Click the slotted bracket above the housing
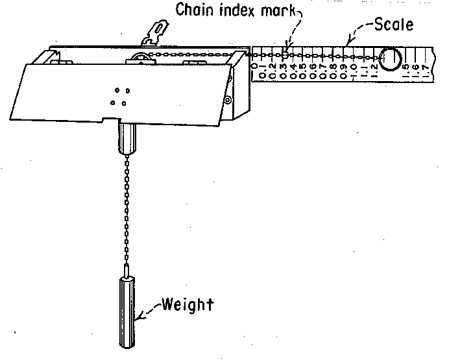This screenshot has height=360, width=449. [154, 32]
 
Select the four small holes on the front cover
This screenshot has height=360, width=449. [119, 95]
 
